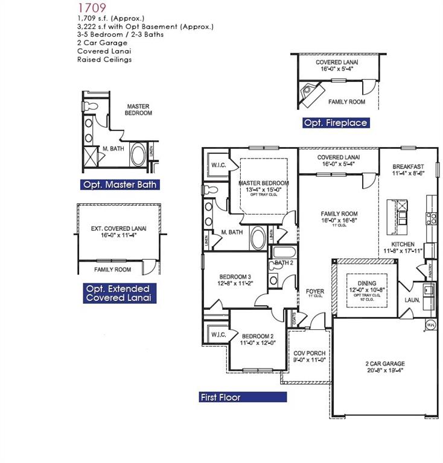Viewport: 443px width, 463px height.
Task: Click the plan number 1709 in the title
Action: click(92, 8)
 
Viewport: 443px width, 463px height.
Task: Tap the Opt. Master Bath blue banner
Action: click(120, 184)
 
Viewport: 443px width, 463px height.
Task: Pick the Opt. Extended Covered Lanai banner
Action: click(117, 293)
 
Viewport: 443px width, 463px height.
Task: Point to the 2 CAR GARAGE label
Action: click(384, 364)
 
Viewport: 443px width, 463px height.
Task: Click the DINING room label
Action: click(366, 283)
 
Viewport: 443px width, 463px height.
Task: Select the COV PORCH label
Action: click(309, 353)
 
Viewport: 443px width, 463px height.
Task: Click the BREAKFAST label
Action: click(409, 166)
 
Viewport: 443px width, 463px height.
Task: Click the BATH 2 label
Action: click(284, 263)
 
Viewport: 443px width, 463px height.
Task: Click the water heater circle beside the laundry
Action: click(431, 326)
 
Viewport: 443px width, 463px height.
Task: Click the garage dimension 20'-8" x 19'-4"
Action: click(384, 371)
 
